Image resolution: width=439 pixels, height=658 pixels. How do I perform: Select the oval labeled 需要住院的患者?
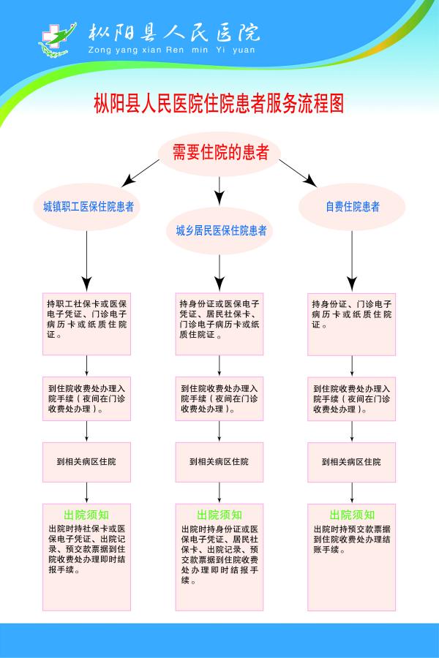219,153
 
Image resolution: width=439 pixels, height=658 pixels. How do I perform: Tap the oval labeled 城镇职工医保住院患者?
87,207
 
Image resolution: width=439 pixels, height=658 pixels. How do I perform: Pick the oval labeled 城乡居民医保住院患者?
220,231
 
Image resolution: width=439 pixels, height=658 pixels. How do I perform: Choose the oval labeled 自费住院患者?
353,207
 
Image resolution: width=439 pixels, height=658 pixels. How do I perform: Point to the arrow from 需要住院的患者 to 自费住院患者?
297,173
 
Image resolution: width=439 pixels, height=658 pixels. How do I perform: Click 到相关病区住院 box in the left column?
87,462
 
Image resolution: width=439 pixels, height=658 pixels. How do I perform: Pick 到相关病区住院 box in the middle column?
220,462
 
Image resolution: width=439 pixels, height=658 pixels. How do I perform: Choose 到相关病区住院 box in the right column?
353,462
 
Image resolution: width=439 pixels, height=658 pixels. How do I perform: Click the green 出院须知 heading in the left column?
87,515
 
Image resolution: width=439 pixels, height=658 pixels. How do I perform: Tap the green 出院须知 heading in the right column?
353,515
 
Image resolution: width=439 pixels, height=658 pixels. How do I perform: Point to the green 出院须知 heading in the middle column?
220,515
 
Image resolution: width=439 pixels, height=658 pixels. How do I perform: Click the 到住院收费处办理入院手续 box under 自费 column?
353,398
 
